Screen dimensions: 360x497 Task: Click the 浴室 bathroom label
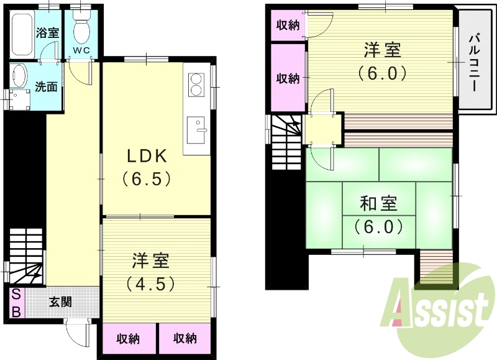click(47, 33)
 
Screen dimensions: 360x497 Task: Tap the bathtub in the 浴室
click(23, 32)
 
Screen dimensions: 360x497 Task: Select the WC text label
click(81, 49)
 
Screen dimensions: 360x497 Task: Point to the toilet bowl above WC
click(81, 28)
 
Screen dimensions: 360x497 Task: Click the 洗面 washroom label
click(46, 86)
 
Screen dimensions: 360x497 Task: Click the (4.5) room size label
click(150, 284)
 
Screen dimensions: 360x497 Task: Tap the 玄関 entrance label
click(60, 302)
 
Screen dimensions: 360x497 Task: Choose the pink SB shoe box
click(16, 303)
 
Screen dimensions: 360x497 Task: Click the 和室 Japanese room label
click(378, 204)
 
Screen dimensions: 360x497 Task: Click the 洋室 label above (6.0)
click(382, 50)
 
